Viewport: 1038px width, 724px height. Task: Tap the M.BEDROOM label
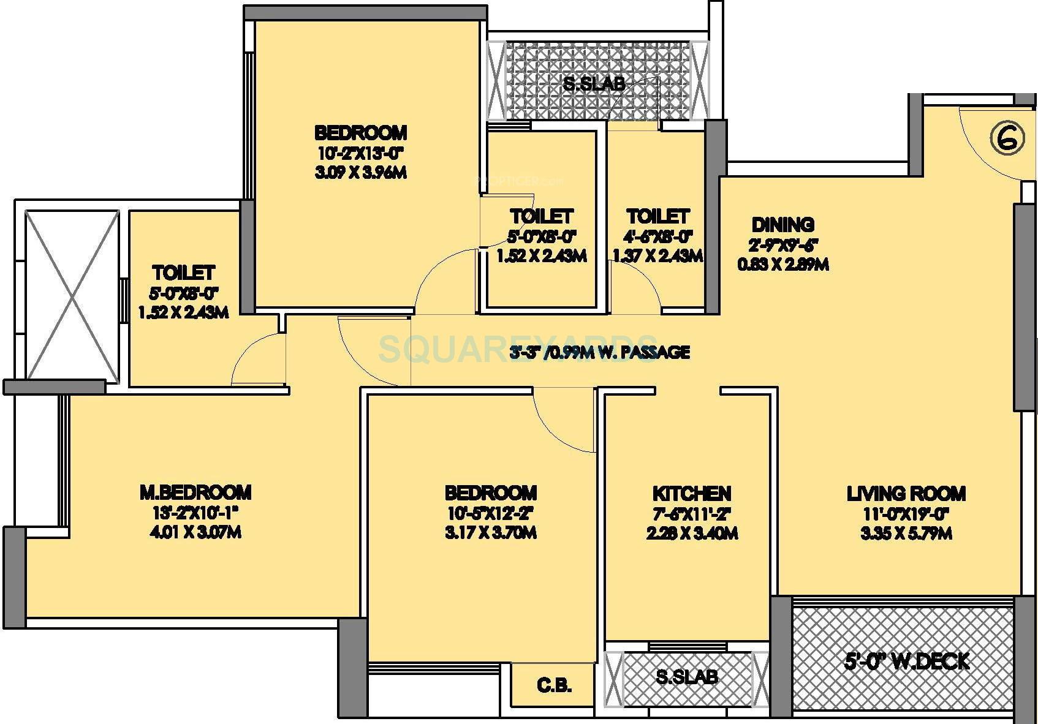(x=195, y=492)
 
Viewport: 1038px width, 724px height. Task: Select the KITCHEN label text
(x=691, y=494)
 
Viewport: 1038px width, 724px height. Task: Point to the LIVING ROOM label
(x=906, y=493)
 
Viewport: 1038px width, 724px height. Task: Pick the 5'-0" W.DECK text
(x=906, y=662)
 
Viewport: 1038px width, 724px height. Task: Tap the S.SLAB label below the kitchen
(x=686, y=677)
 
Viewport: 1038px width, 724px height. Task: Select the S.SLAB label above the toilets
(x=594, y=84)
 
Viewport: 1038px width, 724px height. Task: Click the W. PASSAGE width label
(x=600, y=352)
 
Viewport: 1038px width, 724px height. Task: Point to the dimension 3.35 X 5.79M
(x=906, y=534)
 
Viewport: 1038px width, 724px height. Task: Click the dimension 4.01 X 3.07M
(x=195, y=532)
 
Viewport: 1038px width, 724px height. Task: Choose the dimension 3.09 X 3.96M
(x=360, y=173)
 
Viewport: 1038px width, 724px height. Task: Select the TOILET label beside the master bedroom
(x=183, y=272)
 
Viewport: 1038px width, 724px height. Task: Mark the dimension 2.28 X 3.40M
(x=691, y=534)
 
